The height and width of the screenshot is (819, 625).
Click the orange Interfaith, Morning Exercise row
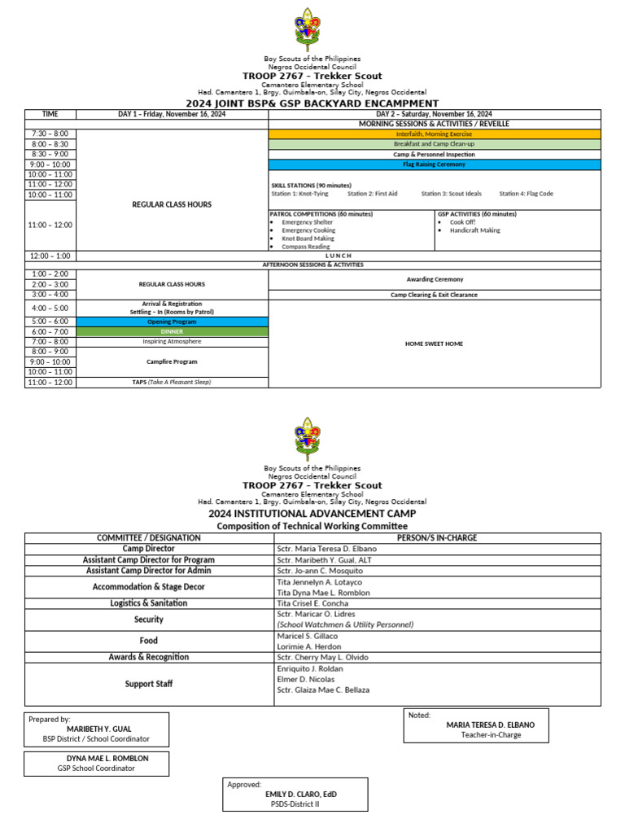[x=435, y=134]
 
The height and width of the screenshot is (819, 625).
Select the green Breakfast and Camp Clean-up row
[x=435, y=144]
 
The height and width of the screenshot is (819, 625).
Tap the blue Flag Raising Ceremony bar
[x=435, y=164]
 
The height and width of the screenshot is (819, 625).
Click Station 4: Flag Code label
[x=526, y=194]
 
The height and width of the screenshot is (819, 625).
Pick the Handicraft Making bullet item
[x=475, y=230]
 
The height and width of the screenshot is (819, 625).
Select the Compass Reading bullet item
[x=306, y=247]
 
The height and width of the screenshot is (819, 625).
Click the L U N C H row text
[x=338, y=256]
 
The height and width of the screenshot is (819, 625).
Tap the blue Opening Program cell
[x=172, y=322]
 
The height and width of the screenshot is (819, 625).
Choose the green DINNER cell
[x=172, y=331]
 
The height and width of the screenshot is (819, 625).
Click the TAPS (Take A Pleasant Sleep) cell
[x=172, y=382]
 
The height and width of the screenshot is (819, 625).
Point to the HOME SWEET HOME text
[x=434, y=344]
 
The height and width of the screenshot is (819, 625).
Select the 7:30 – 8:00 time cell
[x=50, y=134]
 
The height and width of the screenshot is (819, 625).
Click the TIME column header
[x=50, y=114]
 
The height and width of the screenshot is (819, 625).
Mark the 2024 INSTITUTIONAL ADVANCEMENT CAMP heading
[x=312, y=514]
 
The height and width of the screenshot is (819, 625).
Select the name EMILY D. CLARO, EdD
[x=300, y=794]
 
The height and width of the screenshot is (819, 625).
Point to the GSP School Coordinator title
[x=96, y=768]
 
